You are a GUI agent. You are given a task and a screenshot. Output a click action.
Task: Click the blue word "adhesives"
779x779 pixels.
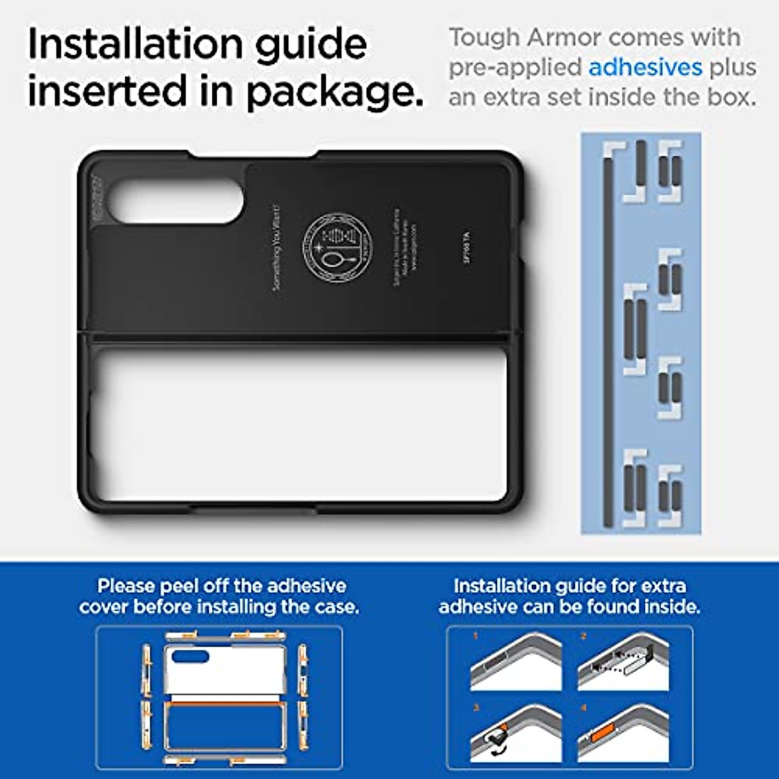pos(645,68)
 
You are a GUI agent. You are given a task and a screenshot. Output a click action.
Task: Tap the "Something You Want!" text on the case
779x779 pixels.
pos(277,247)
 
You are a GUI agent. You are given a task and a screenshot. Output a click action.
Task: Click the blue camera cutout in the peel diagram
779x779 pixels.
pos(190,657)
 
